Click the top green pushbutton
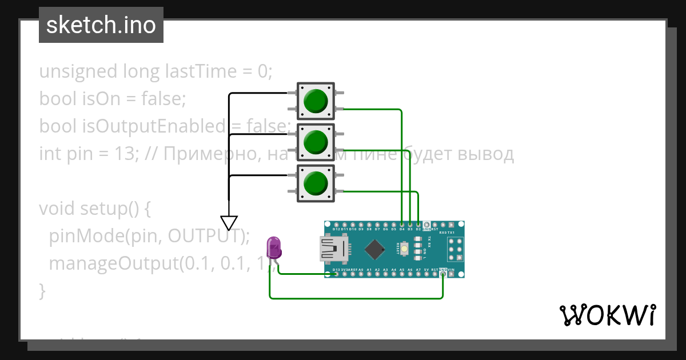point(315,101)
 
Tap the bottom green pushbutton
point(315,184)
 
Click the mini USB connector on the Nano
point(331,249)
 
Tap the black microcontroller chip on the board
point(374,249)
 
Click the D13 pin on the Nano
point(336,274)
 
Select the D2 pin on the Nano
point(419,225)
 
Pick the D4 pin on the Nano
point(402,225)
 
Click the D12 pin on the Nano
point(336,225)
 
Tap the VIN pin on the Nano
point(452,274)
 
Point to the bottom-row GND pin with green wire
point(443,274)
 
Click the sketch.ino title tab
point(101,25)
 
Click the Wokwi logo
point(607,315)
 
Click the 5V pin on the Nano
point(426,274)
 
